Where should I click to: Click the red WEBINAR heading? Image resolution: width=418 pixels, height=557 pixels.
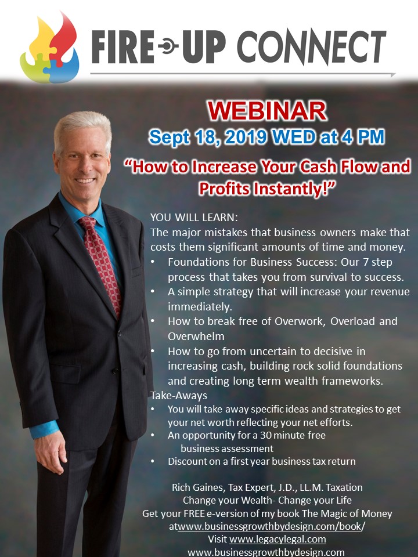[267, 111]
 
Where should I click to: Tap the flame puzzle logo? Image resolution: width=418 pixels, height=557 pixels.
[49, 48]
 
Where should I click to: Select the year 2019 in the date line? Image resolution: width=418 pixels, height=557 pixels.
[246, 137]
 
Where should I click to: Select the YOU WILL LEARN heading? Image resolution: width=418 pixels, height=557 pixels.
[194, 218]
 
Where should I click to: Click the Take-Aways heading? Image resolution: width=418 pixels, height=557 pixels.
[178, 395]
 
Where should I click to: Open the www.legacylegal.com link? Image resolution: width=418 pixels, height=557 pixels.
[278, 539]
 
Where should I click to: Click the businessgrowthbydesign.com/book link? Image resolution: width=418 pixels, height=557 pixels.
[271, 526]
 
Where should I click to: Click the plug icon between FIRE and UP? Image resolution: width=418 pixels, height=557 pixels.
[168, 46]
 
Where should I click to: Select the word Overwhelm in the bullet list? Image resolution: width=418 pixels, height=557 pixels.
[196, 336]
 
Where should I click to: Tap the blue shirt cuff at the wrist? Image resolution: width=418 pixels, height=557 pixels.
[44, 429]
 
